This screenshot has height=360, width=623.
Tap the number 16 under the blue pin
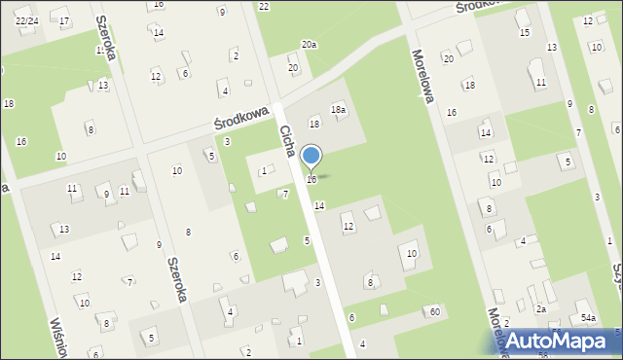311,180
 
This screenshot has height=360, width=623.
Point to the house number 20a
309,45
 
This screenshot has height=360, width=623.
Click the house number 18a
338,110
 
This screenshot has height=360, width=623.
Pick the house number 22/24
26,20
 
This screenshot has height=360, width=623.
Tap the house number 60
434,311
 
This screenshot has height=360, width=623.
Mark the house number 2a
541,308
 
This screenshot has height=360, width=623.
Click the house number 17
64,20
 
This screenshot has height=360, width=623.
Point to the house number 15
524,33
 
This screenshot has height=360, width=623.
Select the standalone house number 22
264,6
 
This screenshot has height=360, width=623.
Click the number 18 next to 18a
314,124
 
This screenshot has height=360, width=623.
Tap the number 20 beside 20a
293,68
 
